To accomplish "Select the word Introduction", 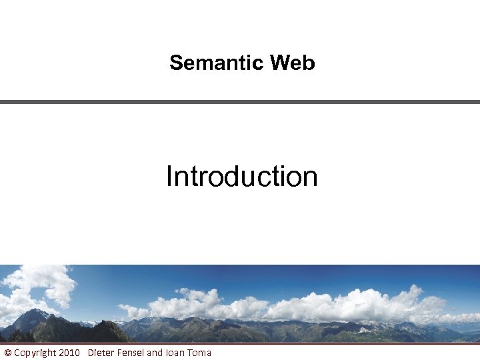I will point(241,177).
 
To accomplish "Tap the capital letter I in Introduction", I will point(170,177).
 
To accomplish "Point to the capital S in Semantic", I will point(176,63).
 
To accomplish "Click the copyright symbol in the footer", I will point(7,352).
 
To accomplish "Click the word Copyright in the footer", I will point(35,352).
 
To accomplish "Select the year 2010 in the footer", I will point(69,352).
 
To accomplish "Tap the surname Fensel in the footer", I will point(131,352).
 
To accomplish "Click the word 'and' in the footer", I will point(155,352).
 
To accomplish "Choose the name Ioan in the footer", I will point(175,352).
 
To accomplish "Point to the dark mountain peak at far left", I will point(33,317).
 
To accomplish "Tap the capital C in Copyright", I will point(17,352).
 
